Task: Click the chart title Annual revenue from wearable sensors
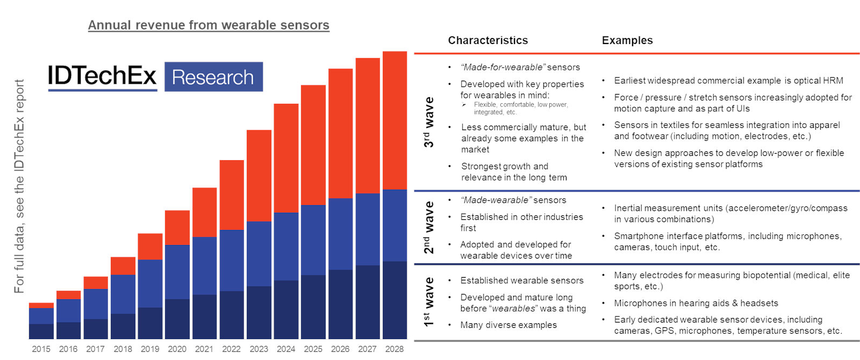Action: click(209, 25)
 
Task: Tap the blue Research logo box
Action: click(213, 77)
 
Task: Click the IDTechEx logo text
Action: click(102, 76)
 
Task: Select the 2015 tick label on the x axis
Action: click(41, 349)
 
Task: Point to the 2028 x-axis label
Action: click(394, 349)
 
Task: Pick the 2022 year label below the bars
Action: click(231, 349)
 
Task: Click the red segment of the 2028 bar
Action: click(395, 121)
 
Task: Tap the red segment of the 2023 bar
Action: click(259, 176)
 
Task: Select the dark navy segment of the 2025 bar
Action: click(313, 306)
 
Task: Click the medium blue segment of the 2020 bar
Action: click(177, 272)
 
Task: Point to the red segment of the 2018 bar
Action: click(123, 266)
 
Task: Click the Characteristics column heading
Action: click(488, 40)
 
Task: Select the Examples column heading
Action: click(627, 40)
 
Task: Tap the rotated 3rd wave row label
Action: click(428, 123)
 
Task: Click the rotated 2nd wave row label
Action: click(428, 227)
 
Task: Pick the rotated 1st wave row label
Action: click(428, 302)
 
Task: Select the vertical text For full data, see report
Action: click(19, 186)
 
